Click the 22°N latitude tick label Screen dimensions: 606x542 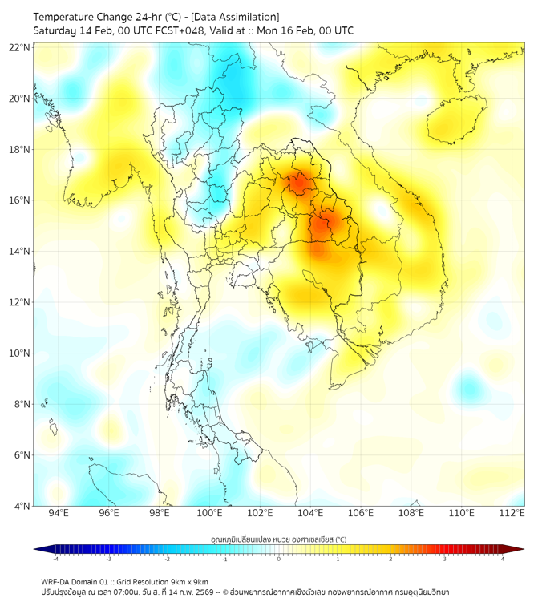20,47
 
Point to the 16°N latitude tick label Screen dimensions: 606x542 20,200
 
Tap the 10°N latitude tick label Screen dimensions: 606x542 20,353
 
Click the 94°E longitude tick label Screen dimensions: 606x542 59,513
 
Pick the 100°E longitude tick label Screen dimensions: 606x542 209,513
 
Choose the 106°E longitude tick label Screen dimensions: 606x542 361,513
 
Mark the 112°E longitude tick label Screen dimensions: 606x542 512,513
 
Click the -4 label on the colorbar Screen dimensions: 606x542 55,560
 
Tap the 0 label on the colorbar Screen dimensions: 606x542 279,560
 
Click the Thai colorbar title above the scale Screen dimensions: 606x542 278,539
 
